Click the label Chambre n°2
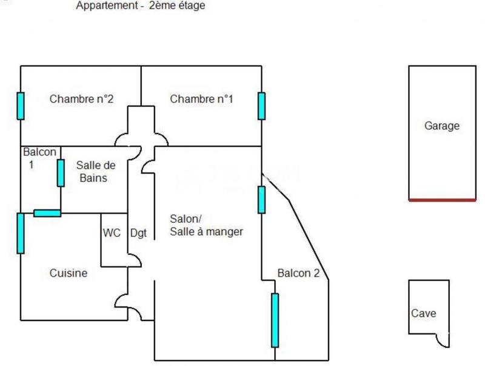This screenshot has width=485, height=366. (81, 99)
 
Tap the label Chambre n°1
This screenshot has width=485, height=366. (201, 99)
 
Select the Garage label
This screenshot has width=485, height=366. (441, 126)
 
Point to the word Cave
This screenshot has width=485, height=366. (423, 314)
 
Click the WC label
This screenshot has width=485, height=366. (112, 232)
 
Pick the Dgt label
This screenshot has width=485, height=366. (139, 232)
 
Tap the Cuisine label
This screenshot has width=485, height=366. (68, 273)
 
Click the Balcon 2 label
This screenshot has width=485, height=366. (298, 273)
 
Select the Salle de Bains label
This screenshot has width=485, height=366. (96, 171)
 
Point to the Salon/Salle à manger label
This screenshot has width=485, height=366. (206, 225)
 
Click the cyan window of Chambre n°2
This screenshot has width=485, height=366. (21, 106)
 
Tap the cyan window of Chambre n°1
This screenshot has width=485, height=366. (262, 106)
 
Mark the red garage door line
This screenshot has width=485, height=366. (442, 200)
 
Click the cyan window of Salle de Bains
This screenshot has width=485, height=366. (61, 173)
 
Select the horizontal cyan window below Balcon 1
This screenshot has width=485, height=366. (47, 213)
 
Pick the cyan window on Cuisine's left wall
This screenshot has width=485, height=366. (21, 233)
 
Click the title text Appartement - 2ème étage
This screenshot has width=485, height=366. (141, 6)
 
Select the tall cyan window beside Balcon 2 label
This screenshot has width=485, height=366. (275, 320)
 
